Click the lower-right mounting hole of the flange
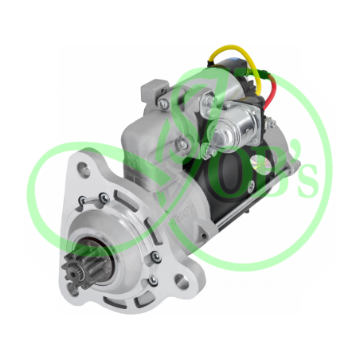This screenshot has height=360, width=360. pos(183,280)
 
